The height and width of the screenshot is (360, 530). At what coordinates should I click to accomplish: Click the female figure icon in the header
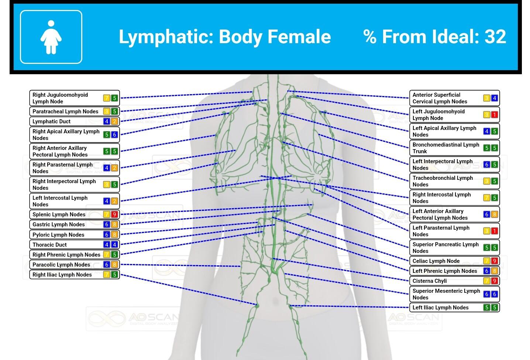point(51,37)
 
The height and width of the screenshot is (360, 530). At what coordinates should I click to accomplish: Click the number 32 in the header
point(495,37)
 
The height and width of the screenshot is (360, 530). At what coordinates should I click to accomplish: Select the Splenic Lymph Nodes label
point(59,215)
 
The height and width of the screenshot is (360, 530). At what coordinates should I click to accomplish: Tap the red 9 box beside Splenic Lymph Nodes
point(114,215)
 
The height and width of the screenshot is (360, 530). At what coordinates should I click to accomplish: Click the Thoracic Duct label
point(50,245)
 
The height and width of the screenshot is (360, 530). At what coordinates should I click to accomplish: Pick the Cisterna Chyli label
point(430,281)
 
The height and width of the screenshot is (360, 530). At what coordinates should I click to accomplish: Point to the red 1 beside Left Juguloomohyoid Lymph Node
point(495,115)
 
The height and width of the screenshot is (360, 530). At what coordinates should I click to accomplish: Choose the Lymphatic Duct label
point(52,121)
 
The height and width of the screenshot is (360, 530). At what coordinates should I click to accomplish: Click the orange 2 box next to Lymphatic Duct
point(114,121)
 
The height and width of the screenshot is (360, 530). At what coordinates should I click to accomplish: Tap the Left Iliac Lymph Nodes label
point(441,308)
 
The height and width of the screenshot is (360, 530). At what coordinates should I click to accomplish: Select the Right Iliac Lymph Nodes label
point(62,275)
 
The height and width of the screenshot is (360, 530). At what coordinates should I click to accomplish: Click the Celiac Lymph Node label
point(436,261)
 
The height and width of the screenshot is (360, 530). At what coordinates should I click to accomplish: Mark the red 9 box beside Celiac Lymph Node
point(495,261)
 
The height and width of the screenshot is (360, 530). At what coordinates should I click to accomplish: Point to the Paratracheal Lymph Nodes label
point(65,112)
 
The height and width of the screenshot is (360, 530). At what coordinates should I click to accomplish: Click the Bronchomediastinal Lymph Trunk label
point(446,148)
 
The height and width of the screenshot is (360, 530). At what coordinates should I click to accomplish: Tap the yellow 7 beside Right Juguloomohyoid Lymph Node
point(106,98)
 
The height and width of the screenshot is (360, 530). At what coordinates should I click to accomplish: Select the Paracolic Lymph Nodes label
point(61,265)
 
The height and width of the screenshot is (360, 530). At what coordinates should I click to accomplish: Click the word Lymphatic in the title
point(166,37)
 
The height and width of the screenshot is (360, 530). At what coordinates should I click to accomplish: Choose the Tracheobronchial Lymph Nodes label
point(443,181)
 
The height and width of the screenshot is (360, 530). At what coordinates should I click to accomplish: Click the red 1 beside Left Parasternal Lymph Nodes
point(495,231)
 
